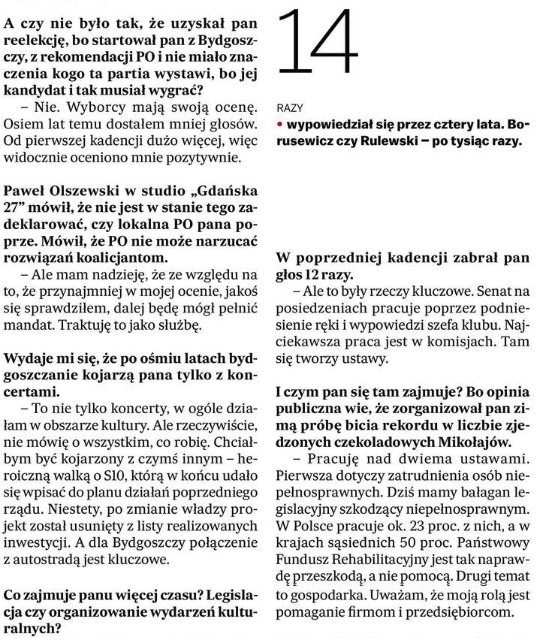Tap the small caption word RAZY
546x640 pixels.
[289, 108]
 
